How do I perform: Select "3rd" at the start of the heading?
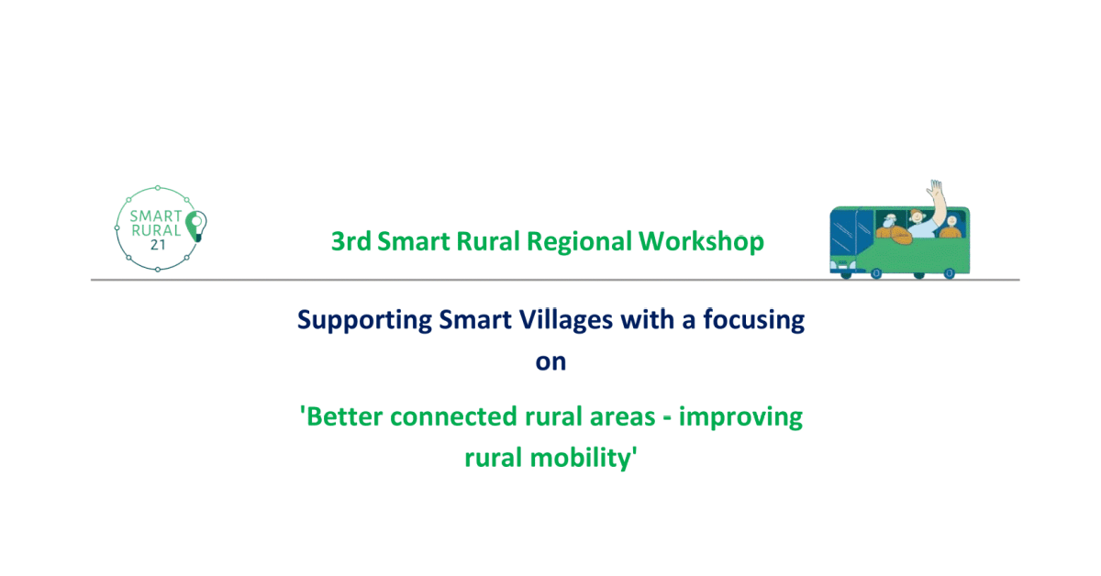tap(350, 241)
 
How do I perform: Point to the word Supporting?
tap(365, 320)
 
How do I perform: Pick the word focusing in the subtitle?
tap(754, 320)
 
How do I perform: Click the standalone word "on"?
tap(551, 362)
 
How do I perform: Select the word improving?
tap(740, 417)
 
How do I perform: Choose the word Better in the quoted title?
tap(342, 416)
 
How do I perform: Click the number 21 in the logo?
tap(158, 245)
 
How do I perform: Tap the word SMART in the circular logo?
tap(156, 216)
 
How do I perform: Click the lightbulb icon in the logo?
tap(196, 226)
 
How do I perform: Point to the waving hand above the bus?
tap(935, 188)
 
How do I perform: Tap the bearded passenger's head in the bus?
tap(889, 220)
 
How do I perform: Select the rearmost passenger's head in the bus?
tap(952, 222)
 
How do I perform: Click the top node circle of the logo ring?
tap(158, 188)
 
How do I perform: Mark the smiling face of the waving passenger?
tap(917, 216)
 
